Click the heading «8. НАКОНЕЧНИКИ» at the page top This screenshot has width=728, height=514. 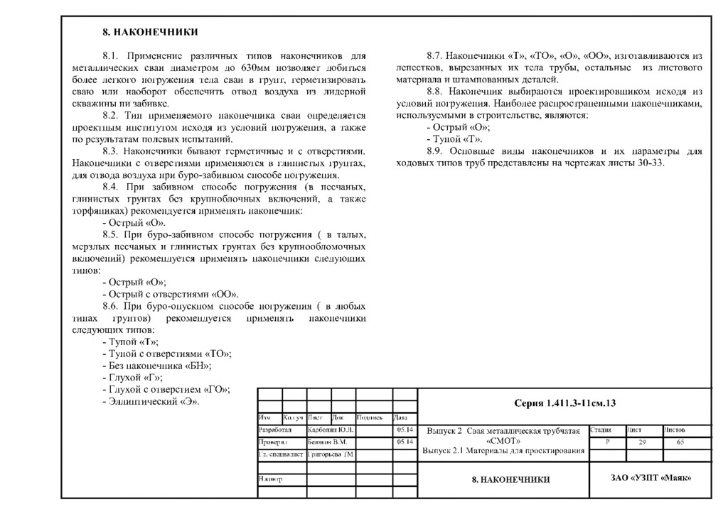pos(149,32)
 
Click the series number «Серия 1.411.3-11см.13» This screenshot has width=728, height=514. pos(564,404)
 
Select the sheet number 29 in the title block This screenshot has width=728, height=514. pos(642,442)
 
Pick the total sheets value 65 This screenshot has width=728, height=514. pos(680,442)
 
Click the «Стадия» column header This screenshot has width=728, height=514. pos(601,430)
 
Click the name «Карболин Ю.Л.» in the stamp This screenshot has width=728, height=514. pos(331,430)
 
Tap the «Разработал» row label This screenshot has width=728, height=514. pos(275,430)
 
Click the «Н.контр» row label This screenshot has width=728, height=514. pos(271,479)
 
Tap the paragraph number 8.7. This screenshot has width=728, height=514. pos(435,55)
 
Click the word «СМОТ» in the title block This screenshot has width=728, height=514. pos(503,441)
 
